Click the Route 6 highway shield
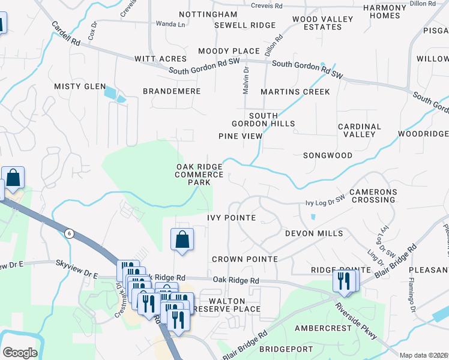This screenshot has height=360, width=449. (x=70, y=233)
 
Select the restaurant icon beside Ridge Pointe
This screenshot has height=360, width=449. (x=344, y=281)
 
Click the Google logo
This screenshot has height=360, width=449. (x=20, y=352)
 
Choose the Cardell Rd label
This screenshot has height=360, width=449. (x=66, y=35)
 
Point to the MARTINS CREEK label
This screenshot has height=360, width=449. (x=295, y=92)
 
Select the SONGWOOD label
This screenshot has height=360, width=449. (x=327, y=155)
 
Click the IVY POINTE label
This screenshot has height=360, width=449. (x=232, y=217)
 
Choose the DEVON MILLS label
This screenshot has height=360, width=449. (x=314, y=233)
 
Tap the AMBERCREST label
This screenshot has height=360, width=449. (x=323, y=328)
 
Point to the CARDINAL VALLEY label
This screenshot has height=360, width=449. (x=360, y=131)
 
